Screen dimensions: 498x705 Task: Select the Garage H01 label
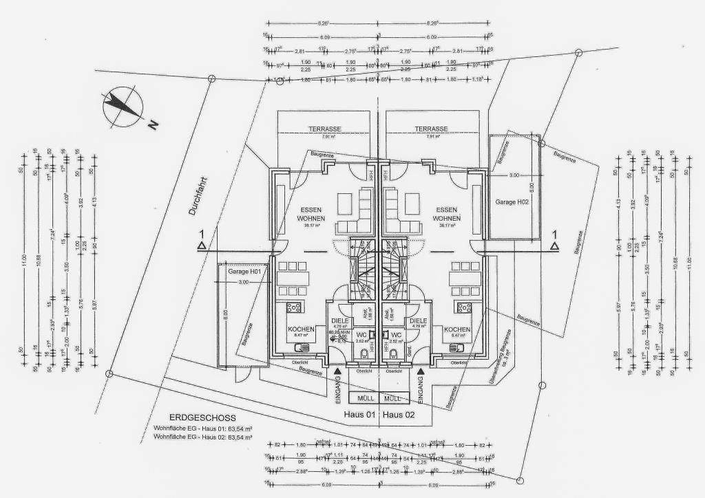244,272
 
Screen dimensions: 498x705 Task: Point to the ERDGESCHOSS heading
202,418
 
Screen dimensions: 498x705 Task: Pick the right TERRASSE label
432,129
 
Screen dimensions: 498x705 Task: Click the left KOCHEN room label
301,330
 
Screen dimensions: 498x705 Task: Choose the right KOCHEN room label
457,330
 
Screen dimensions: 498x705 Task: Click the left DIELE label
341,321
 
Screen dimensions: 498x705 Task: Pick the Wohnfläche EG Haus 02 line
202,437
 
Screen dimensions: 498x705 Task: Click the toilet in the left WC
363,355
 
